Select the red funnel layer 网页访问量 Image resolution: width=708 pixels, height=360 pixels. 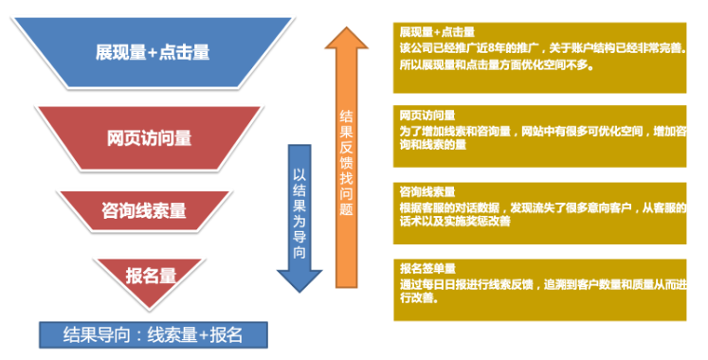[x=150, y=138]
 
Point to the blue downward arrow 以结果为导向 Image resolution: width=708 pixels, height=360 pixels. [x=299, y=213]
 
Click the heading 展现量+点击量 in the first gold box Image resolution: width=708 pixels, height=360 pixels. [x=437, y=31]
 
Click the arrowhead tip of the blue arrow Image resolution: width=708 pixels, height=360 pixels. [x=299, y=290]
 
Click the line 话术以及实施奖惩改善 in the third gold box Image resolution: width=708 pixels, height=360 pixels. [x=455, y=222]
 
